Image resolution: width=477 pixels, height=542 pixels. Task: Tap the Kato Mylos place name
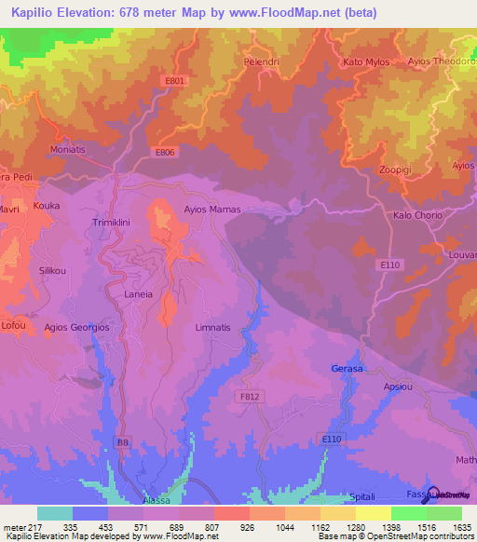pyautogui.click(x=366, y=62)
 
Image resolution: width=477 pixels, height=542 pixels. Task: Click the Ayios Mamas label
pyautogui.click(x=212, y=210)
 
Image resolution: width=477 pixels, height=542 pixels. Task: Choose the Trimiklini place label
pyautogui.click(x=115, y=224)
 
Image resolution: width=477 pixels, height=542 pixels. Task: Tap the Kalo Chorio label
pyautogui.click(x=418, y=215)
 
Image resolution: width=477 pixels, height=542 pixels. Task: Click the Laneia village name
pyautogui.click(x=138, y=293)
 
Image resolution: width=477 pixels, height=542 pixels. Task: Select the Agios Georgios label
pyautogui.click(x=77, y=328)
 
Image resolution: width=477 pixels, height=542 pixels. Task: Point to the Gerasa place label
pyautogui.click(x=348, y=370)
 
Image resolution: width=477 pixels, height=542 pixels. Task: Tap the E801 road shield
pyautogui.click(x=174, y=81)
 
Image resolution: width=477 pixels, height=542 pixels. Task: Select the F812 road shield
pyautogui.click(x=246, y=396)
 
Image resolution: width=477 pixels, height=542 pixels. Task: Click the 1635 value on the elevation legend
pyautogui.click(x=461, y=527)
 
